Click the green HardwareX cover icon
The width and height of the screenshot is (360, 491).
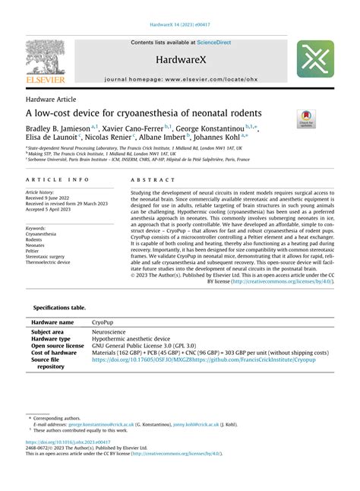[314, 59]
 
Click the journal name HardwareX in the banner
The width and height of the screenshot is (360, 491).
[179, 59]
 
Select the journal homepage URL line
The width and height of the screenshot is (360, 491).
[179, 79]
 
